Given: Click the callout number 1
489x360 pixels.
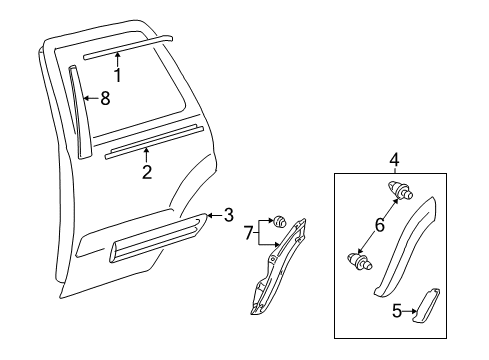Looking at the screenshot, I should click(118, 75).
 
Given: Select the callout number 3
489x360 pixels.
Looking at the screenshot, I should click(229, 214).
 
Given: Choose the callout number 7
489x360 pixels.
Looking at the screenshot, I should click(250, 237).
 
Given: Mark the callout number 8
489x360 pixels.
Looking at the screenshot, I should click(105, 99).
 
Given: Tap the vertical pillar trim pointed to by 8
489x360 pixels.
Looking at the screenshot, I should click(79, 110).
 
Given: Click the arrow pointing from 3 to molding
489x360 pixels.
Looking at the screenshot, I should click(214, 214).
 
